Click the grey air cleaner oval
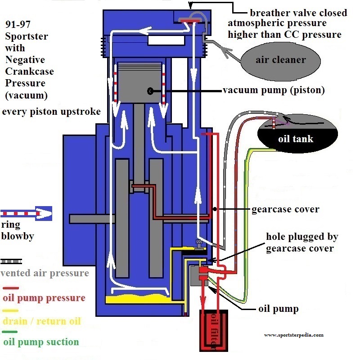tap(280, 61)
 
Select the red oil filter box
tap(214, 330)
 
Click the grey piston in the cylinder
tap(139, 82)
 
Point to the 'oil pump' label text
tap(279, 309)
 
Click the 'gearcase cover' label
tap(285, 209)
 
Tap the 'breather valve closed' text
tap(298, 13)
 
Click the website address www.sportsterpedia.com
tap(294, 335)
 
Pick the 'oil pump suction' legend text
tap(41, 342)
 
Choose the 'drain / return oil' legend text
tap(42, 321)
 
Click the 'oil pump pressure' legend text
tap(44, 298)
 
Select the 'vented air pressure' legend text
tap(45, 273)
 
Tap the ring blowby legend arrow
tap(26, 213)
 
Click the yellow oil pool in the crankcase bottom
tap(138, 299)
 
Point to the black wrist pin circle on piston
tap(150, 91)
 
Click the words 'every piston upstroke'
tap(51, 112)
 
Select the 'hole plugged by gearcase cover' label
tap(302, 242)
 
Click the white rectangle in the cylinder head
tap(166, 40)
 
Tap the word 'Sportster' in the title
tap(27, 36)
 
